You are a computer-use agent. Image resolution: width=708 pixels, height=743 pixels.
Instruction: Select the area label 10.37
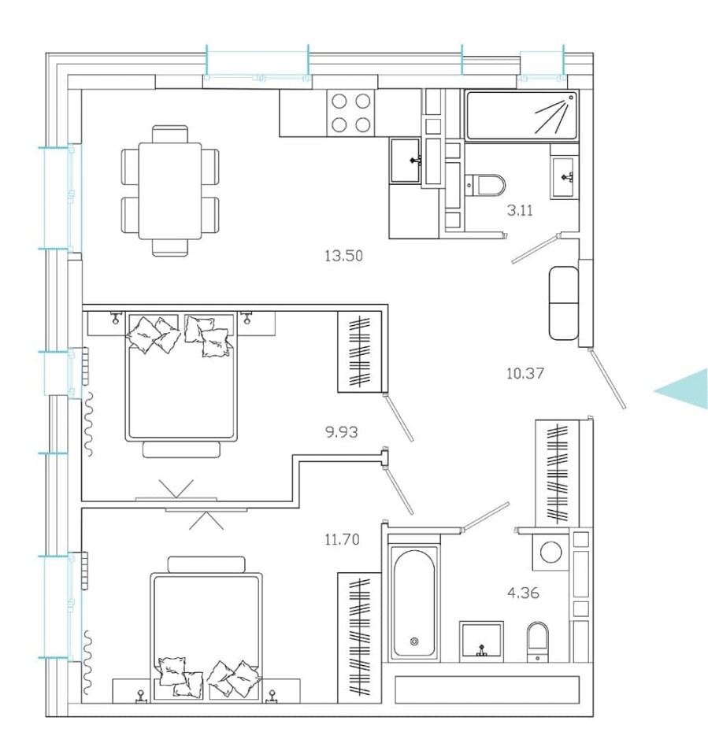(x=525, y=373)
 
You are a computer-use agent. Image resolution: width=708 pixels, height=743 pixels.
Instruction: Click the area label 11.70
(x=342, y=539)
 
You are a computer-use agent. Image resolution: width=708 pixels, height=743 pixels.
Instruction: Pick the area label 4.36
(x=522, y=593)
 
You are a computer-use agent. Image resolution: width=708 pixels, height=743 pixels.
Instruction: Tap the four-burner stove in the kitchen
(x=350, y=112)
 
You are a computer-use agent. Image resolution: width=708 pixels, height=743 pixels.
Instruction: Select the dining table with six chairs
(x=169, y=190)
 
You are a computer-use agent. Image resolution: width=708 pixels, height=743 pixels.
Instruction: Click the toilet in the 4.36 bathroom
(x=537, y=639)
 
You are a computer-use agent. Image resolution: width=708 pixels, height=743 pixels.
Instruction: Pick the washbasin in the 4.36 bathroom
(x=481, y=639)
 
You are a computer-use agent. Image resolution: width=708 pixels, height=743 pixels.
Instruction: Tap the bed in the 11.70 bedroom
(x=206, y=630)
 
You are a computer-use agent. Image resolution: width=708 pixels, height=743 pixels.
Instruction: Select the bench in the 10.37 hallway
(x=564, y=303)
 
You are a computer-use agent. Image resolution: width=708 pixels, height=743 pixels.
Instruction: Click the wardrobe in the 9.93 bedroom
(x=358, y=352)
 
